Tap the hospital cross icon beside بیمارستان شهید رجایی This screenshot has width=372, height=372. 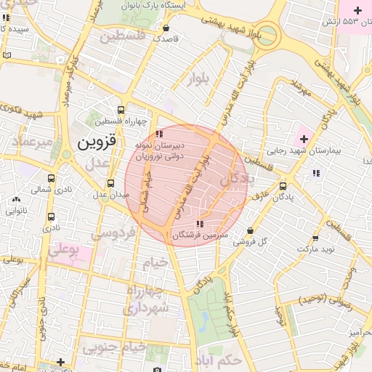[x=304, y=138]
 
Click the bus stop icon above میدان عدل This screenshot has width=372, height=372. [x=110, y=183]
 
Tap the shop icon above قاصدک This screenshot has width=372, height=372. [x=166, y=28]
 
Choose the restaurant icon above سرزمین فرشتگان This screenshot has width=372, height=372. [x=200, y=223]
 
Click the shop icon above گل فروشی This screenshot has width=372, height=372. [x=251, y=230]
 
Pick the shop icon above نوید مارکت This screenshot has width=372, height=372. [x=315, y=238]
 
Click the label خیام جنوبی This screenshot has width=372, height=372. [x=115, y=348]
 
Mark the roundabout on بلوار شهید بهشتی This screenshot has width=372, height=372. [x=268, y=34]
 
